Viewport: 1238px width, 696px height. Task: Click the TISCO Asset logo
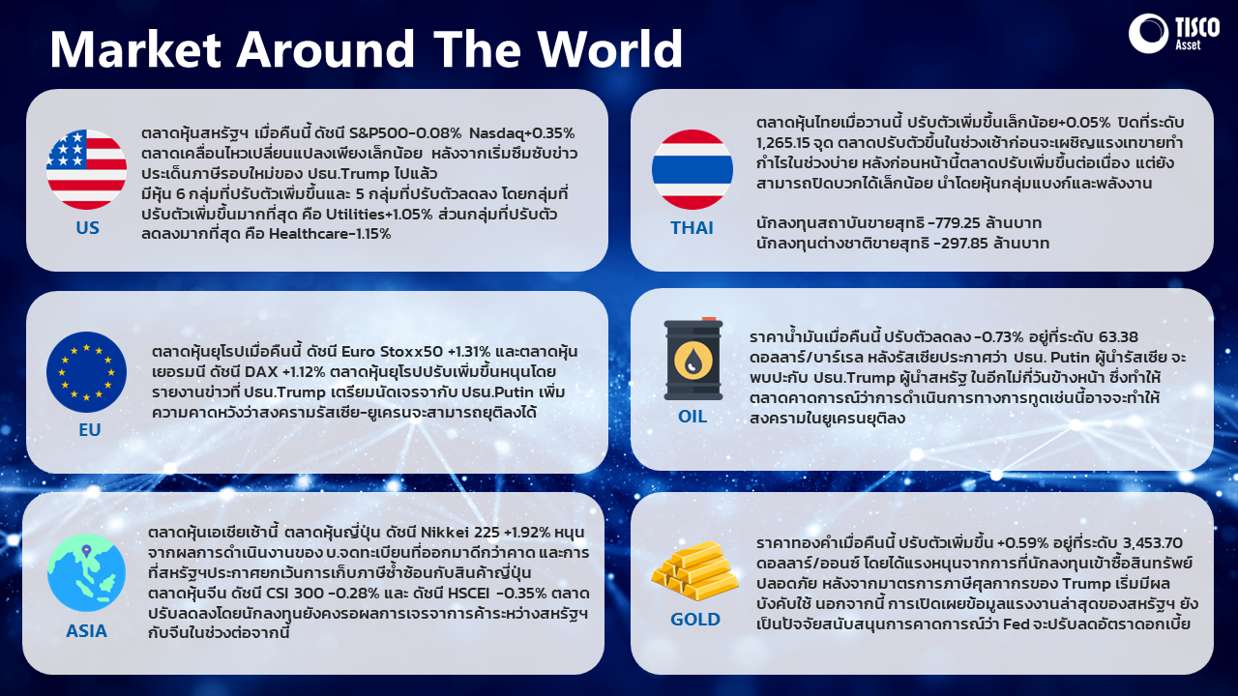(x=1173, y=34)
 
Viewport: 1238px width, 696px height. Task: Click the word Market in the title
(x=135, y=48)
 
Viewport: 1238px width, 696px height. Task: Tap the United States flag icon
(x=86, y=169)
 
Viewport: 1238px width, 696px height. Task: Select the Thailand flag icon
(x=692, y=169)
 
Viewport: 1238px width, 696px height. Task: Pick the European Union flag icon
(x=86, y=372)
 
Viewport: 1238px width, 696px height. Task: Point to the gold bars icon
(x=694, y=570)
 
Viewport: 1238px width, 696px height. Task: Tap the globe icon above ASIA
(x=86, y=573)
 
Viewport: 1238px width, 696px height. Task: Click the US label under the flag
(x=87, y=227)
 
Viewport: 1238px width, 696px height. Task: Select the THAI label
(x=692, y=227)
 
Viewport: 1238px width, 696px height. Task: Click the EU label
(x=90, y=430)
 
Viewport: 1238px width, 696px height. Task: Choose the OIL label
(x=693, y=416)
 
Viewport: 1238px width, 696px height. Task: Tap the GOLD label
(x=695, y=620)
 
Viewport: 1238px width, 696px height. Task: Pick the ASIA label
(x=86, y=631)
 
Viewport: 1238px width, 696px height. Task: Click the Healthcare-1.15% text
(x=330, y=234)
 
